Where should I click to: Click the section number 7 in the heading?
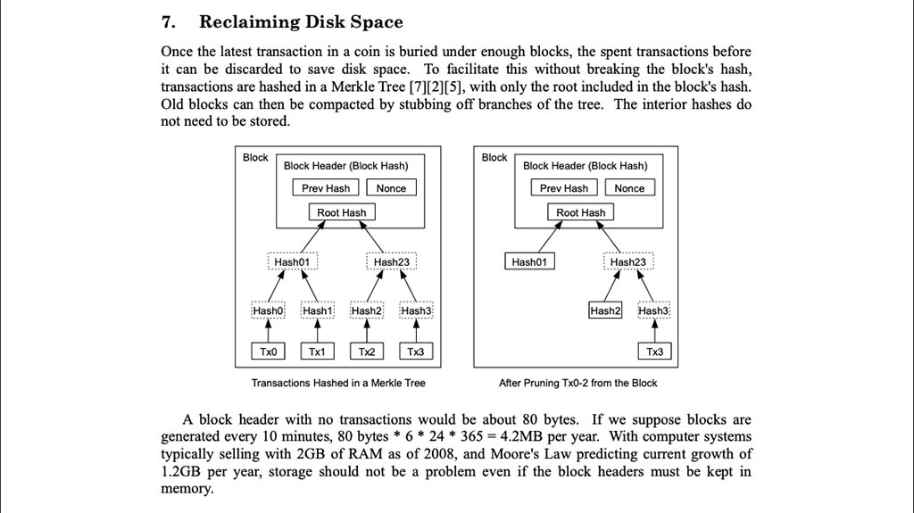pyautogui.click(x=168, y=22)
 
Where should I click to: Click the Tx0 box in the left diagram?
pyautogui.click(x=268, y=352)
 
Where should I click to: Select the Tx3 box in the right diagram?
pyautogui.click(x=654, y=352)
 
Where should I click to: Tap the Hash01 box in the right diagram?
pyautogui.click(x=529, y=261)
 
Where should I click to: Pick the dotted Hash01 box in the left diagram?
pyautogui.click(x=293, y=261)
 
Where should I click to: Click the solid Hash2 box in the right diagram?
pyautogui.click(x=605, y=310)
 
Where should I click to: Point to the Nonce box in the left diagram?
pyautogui.click(x=391, y=187)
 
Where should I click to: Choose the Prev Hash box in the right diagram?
pyautogui.click(x=564, y=187)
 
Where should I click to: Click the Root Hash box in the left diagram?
pyautogui.click(x=342, y=212)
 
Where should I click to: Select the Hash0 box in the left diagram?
pyautogui.click(x=268, y=310)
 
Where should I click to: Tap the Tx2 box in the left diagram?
pyautogui.click(x=367, y=352)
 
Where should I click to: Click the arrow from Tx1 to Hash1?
pyautogui.click(x=318, y=331)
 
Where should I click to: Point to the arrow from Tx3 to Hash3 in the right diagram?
pyautogui.click(x=654, y=331)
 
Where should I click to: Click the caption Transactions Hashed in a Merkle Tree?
pyautogui.click(x=338, y=383)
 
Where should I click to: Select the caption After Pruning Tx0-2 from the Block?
pyautogui.click(x=577, y=383)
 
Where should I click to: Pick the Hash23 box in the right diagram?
pyautogui.click(x=628, y=261)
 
